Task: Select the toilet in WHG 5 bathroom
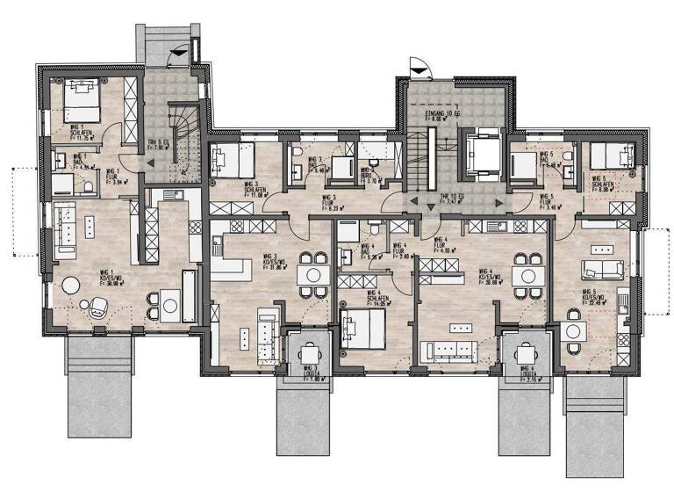point(568,157)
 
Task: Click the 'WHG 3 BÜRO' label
point(368,176)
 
